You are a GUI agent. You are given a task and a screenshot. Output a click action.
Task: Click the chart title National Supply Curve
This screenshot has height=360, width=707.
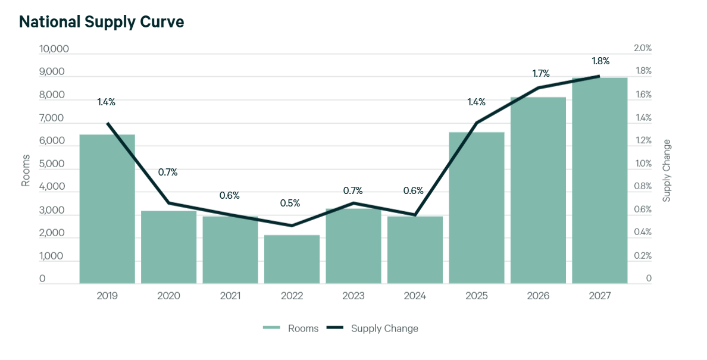point(102,22)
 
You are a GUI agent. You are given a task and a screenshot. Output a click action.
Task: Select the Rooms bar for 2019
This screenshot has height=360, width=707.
point(107,208)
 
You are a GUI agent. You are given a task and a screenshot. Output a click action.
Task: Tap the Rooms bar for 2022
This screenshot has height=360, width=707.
point(292,259)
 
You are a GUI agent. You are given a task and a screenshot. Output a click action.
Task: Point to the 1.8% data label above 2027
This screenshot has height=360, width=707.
point(600,61)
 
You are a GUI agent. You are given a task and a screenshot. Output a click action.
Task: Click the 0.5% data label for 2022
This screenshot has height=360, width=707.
point(290,203)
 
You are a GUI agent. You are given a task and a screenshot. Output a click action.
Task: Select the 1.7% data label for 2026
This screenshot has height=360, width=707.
point(540,74)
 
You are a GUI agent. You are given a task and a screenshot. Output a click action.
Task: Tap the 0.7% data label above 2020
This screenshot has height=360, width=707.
point(168,172)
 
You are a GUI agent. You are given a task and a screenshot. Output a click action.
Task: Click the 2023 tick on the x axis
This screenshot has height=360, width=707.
point(353,296)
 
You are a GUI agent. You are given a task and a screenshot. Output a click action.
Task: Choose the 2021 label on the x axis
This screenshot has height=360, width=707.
point(230,296)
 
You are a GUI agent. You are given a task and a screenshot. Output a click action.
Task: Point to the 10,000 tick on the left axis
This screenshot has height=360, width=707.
point(54,49)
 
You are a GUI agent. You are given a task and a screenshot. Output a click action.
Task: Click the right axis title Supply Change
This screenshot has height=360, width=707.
point(667,170)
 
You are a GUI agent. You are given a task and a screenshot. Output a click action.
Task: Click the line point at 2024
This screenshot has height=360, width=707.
point(415,215)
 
